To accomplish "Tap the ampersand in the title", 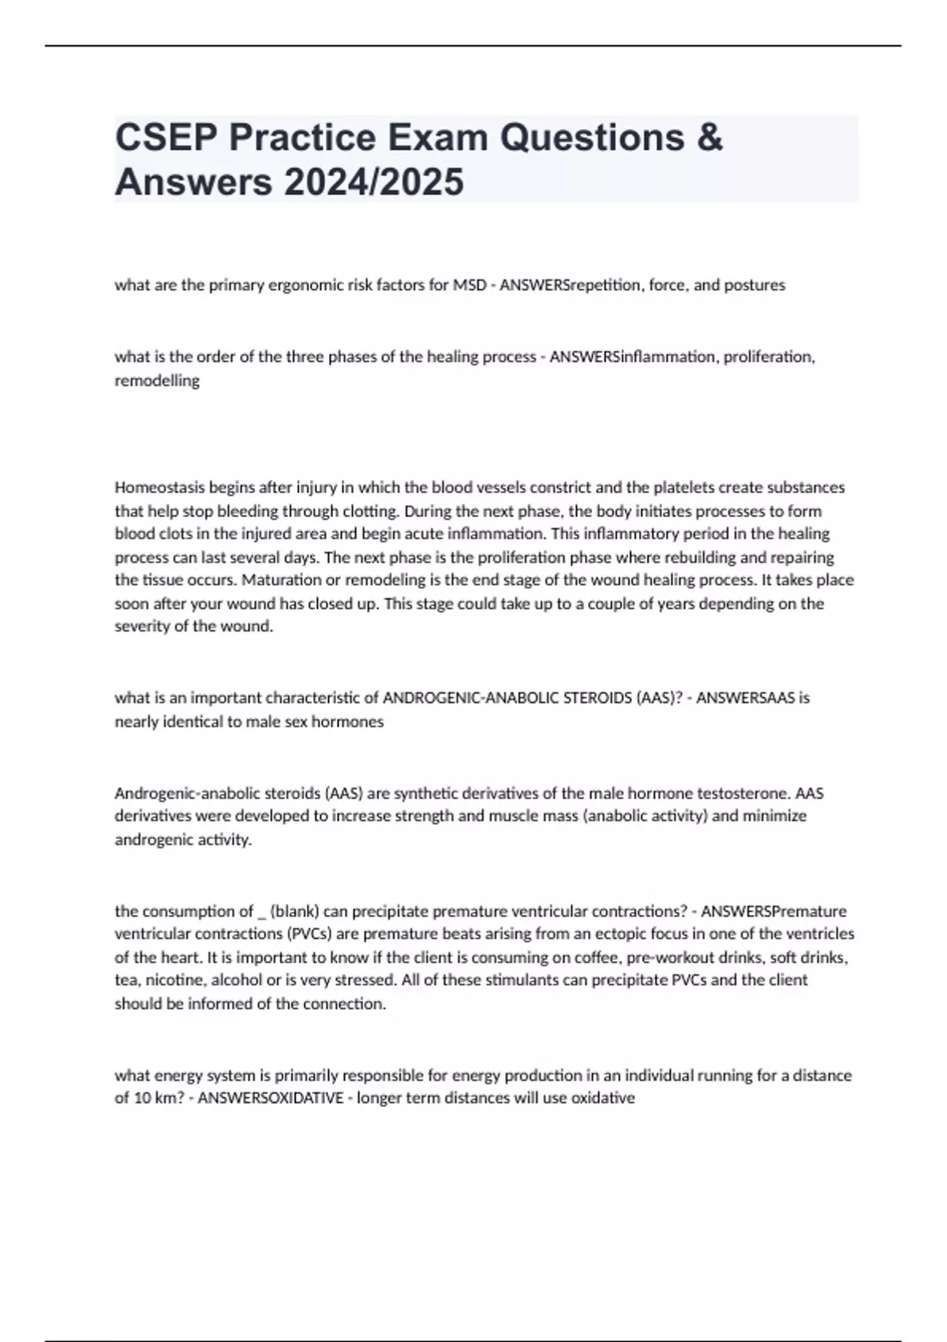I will coord(709,137).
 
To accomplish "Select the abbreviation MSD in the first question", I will coord(469,285).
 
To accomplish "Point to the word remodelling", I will coord(157,380).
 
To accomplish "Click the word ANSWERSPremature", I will coord(773,911).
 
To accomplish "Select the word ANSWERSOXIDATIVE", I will coord(271,1098).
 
